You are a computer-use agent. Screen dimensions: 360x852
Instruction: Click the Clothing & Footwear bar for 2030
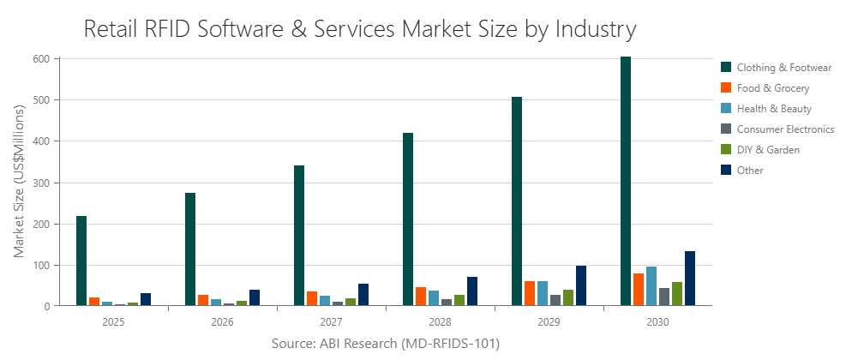pos(626,181)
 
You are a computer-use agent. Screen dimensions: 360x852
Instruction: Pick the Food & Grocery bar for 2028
pos(421,296)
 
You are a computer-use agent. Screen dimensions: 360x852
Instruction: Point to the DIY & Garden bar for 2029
pos(568,297)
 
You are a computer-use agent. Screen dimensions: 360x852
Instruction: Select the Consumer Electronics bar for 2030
pos(664,297)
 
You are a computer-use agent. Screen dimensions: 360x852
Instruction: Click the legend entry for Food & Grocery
pos(772,87)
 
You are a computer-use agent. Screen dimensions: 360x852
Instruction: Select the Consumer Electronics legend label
pos(785,129)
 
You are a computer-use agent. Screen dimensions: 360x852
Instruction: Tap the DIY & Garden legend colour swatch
pos(726,150)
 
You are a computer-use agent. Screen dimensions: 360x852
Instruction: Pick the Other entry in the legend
pos(749,171)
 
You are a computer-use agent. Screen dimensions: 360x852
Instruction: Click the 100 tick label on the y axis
pos(42,266)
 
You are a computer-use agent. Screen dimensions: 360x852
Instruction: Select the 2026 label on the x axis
pos(223,322)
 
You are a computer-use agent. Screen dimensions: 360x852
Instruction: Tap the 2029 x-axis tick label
pos(549,322)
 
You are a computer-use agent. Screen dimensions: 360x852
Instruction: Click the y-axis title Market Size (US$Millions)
pos(20,183)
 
